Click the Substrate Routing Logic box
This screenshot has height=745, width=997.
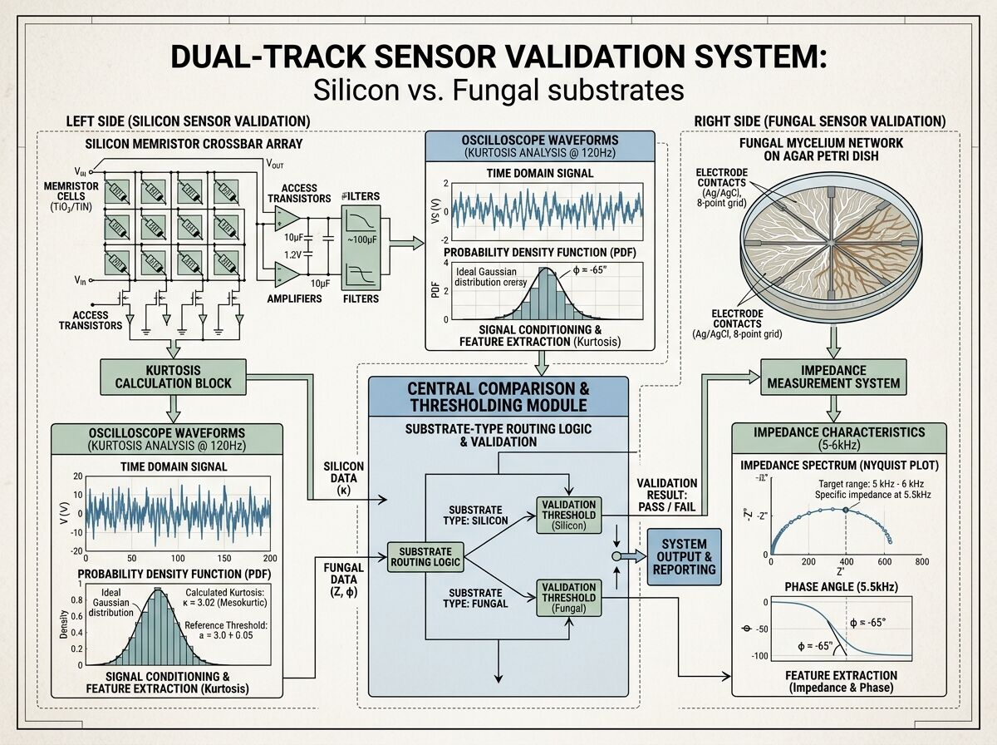click(425, 556)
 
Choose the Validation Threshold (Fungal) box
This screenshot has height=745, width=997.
click(568, 597)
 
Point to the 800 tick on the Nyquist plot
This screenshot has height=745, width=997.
click(921, 561)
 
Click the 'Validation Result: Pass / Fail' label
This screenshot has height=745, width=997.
click(667, 495)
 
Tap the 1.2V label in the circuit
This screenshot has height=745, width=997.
click(292, 254)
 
